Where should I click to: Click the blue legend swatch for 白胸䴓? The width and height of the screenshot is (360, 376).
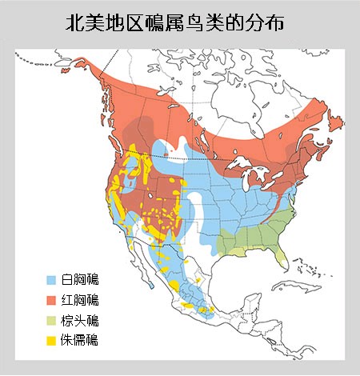(51, 280)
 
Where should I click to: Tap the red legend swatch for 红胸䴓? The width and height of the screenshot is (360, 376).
(51, 300)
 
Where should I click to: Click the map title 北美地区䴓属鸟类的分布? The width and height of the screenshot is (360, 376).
(175, 24)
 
